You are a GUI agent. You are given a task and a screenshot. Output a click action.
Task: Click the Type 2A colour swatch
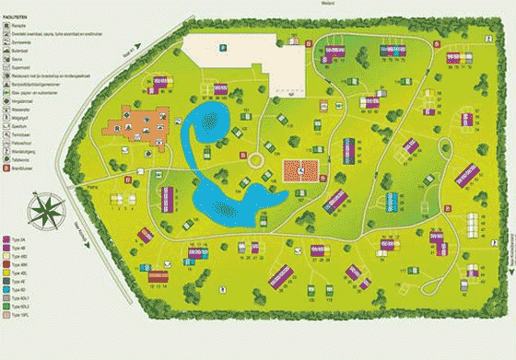7,238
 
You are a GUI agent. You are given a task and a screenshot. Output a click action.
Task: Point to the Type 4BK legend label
21,264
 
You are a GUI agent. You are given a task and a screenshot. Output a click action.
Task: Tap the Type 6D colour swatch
7,290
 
